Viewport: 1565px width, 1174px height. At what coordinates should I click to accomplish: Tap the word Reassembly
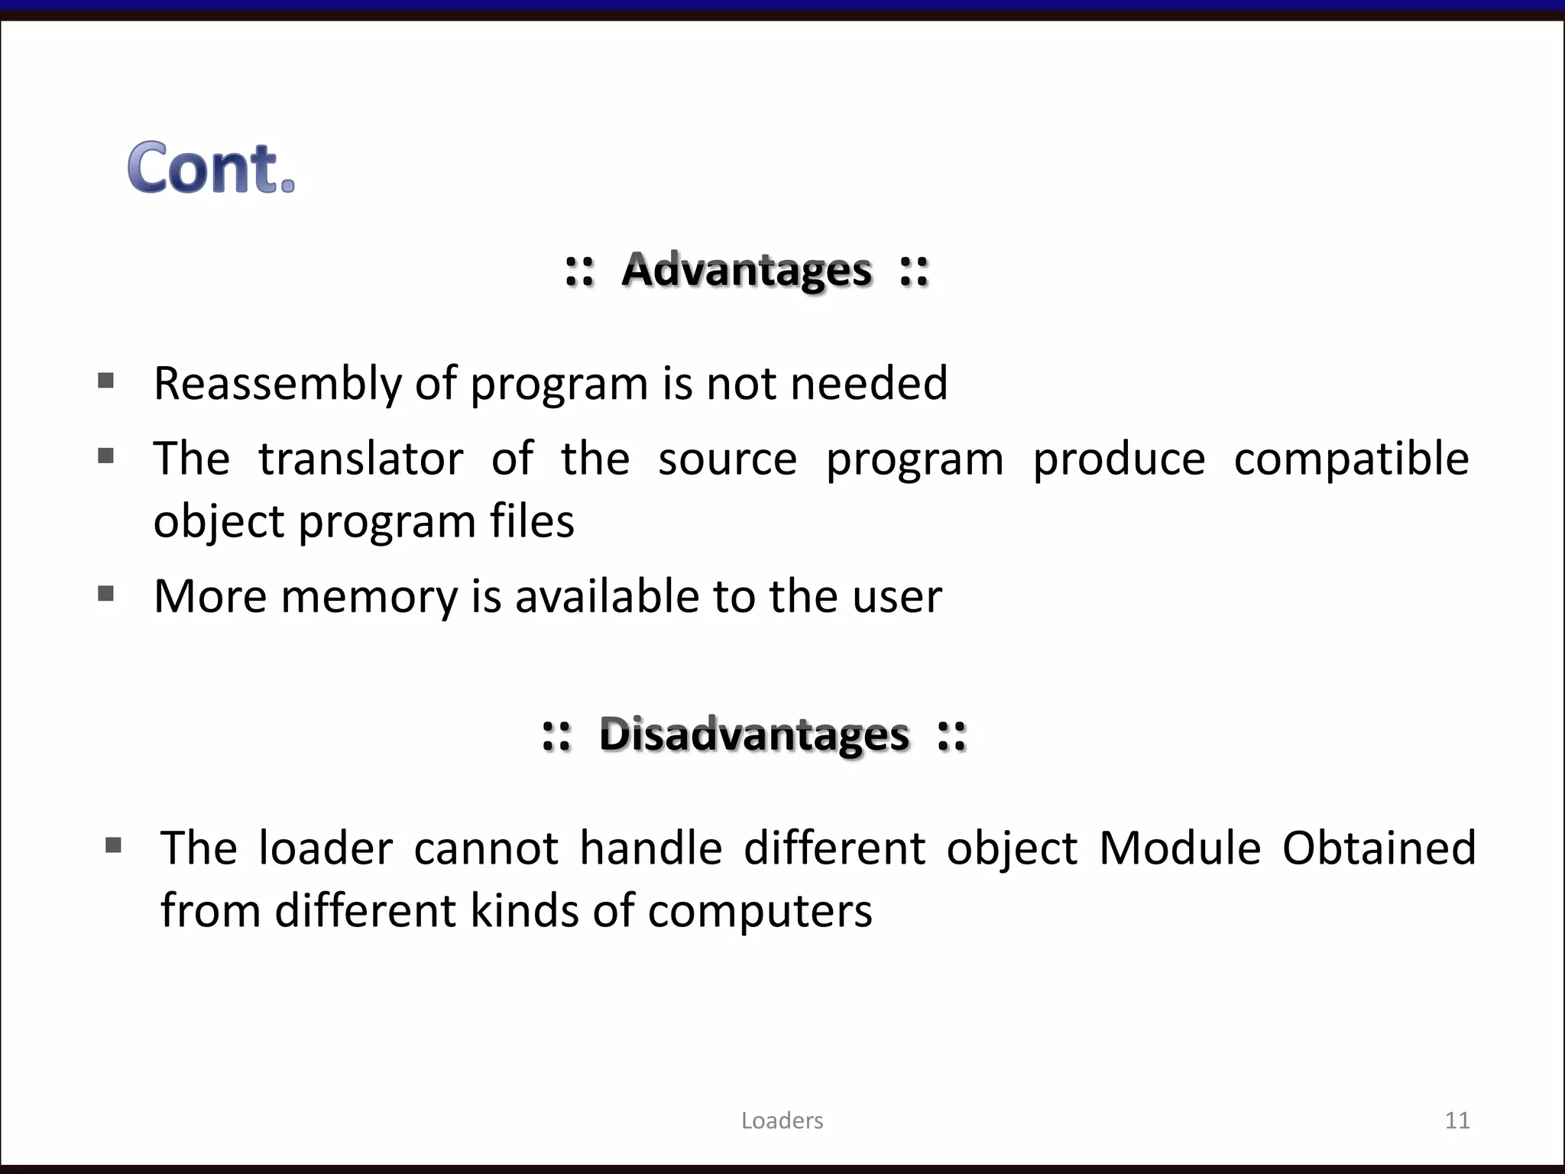coord(277,384)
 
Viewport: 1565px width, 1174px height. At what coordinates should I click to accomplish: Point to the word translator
coord(361,459)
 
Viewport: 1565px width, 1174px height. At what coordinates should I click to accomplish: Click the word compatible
coord(1351,459)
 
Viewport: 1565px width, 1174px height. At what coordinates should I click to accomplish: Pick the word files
coord(532,521)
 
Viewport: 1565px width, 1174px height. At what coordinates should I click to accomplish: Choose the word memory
coord(369,597)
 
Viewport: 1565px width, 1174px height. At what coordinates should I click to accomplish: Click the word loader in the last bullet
coord(326,848)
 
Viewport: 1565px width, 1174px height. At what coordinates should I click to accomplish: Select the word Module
coord(1180,848)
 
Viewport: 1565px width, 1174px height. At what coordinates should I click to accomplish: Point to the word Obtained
coord(1379,848)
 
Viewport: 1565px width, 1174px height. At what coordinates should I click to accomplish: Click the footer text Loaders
coord(782,1120)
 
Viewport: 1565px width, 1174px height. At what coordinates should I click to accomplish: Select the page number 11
coord(1457,1120)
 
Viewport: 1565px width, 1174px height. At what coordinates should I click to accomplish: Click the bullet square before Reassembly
coord(106,381)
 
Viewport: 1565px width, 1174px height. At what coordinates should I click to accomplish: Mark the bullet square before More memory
coord(106,593)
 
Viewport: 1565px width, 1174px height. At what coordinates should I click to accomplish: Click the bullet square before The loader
coord(113,845)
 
